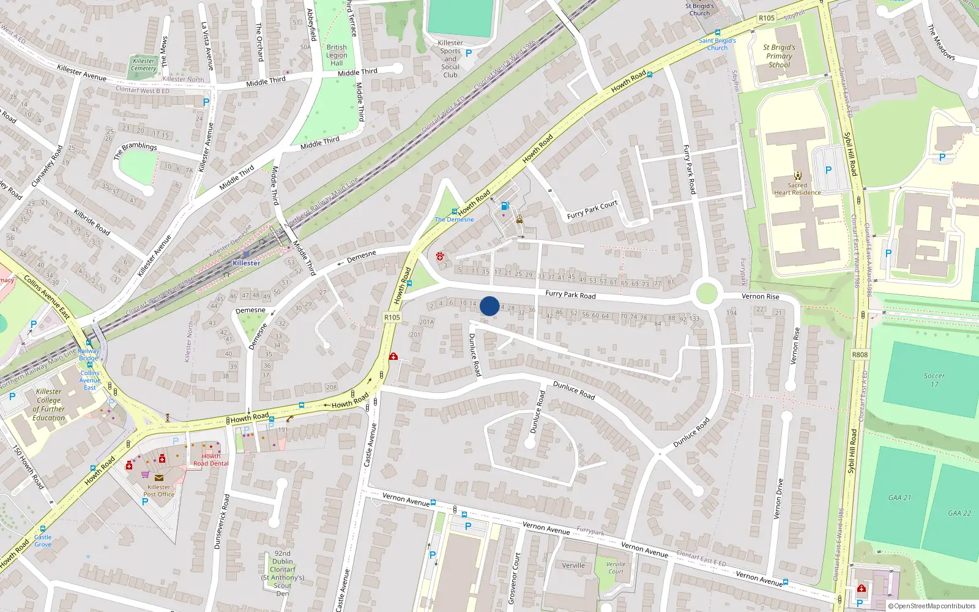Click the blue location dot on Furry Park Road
[x=489, y=306]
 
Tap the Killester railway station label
[x=246, y=263]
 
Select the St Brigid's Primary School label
[x=779, y=56]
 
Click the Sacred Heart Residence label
[x=797, y=188]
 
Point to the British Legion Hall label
[x=337, y=55]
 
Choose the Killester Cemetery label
[x=144, y=64]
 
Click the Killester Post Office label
[x=159, y=490]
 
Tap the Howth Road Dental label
[x=211, y=460]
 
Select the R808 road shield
[x=860, y=354]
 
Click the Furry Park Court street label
[x=592, y=209]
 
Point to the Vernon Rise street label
[x=761, y=296]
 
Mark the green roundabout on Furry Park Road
[x=706, y=293]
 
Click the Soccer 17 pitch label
[x=934, y=380]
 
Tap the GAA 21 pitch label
[x=899, y=498]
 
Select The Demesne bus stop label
[x=454, y=219]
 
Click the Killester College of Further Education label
[x=49, y=405]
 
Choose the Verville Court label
[x=616, y=568]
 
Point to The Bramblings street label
[x=135, y=150]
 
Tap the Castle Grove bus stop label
[x=43, y=540]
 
